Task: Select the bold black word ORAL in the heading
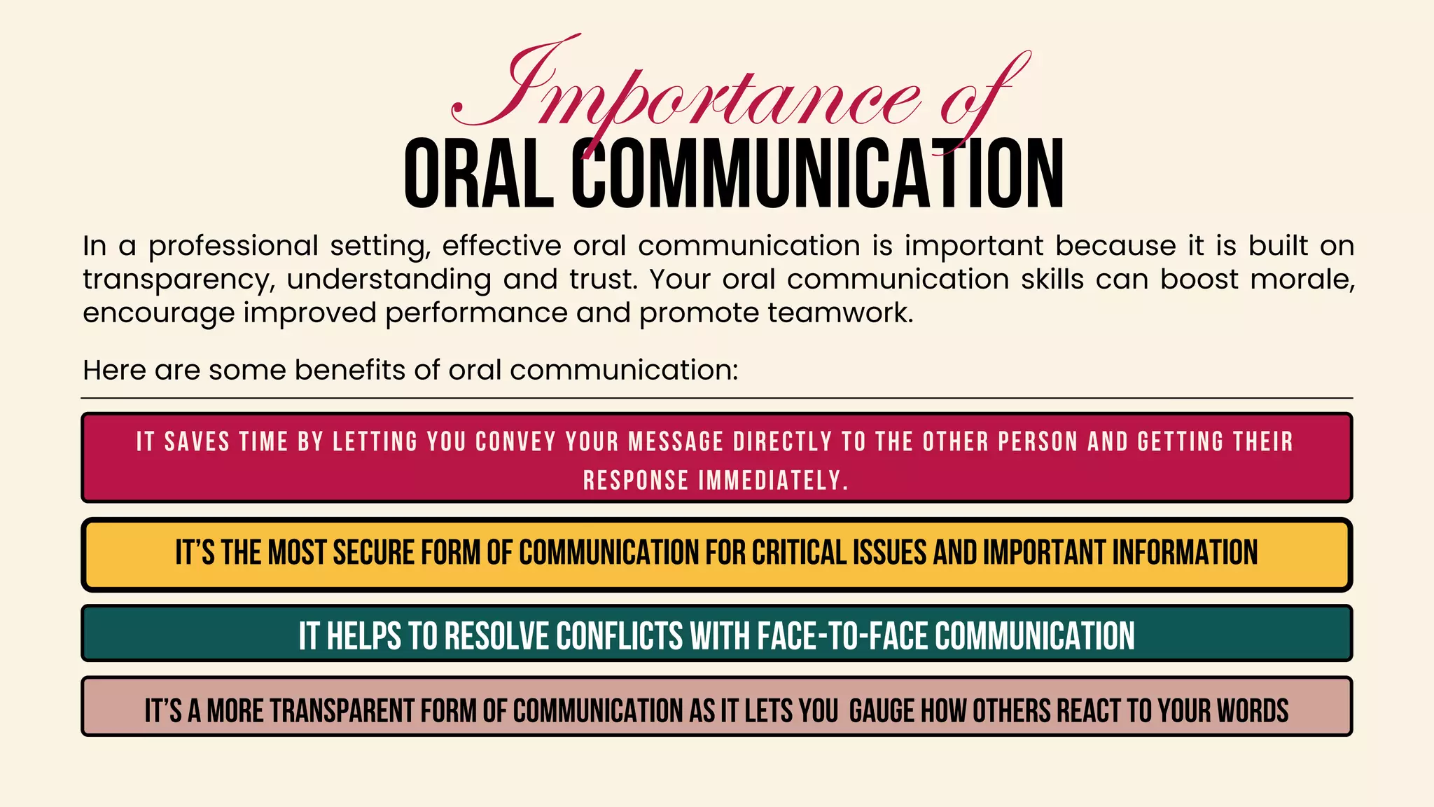click(479, 174)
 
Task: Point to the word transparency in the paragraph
click(174, 280)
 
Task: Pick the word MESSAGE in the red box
click(676, 442)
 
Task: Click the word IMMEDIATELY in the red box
click(773, 481)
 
